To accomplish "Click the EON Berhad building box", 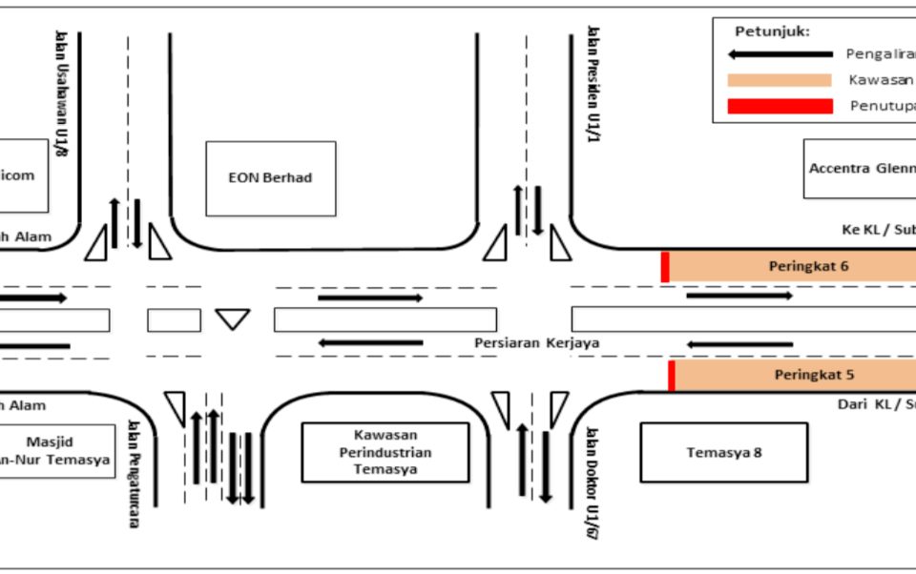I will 270,178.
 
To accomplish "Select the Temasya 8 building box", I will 723,452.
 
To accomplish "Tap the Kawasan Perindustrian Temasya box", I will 385,452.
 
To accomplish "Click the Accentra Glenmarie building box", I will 859,169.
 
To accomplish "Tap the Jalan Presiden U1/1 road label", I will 593,86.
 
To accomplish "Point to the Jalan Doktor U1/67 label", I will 593,482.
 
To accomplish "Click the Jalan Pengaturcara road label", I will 133,474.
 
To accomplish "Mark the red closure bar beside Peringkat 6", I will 665,267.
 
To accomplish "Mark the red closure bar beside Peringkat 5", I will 672,375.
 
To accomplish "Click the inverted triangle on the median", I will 232,318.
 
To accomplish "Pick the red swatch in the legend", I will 779,106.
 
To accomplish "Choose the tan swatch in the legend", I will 779,80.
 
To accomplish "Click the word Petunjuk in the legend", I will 771,31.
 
